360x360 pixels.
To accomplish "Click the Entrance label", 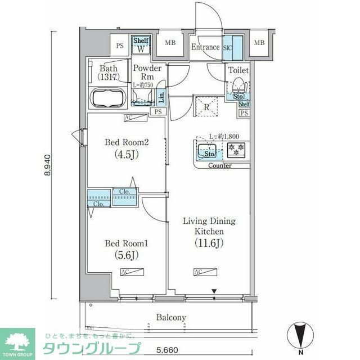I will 205,47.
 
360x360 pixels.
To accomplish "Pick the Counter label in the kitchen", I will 220,165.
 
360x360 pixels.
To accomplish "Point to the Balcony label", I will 171,318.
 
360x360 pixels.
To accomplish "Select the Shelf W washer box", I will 140,45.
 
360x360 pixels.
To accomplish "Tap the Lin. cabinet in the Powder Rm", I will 161,97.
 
